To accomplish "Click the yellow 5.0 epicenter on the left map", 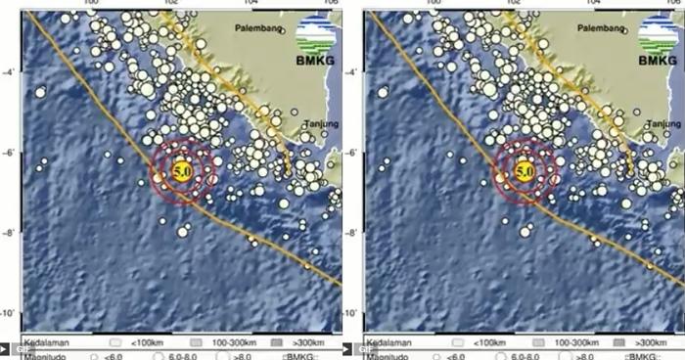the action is pos(181,171).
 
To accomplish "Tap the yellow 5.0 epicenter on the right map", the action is pos(524,171).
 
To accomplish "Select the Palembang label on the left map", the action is pos(256,29).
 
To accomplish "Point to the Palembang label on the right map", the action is pos(599,29).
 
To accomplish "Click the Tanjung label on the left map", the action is pos(321,124).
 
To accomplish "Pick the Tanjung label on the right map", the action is pos(663,124).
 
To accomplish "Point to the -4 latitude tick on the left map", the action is pos(8,71).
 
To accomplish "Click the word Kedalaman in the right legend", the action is pos(388,344).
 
